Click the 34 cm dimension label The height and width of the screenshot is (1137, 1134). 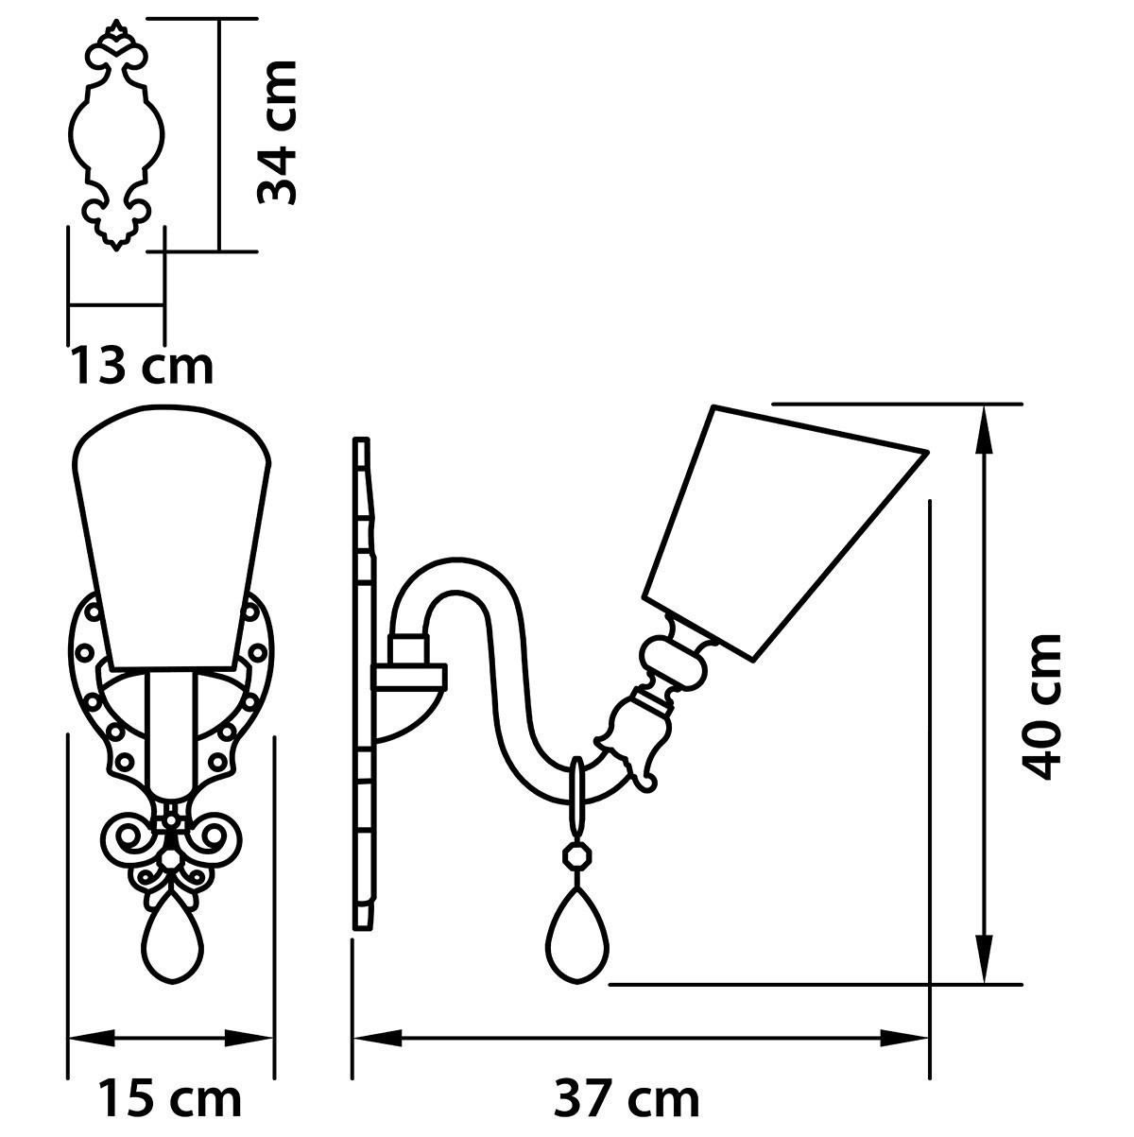pyautogui.click(x=276, y=132)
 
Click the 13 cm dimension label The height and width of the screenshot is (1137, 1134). pyautogui.click(x=142, y=367)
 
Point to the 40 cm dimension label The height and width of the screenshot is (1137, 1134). pyautogui.click(x=1040, y=707)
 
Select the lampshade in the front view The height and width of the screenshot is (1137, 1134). pyautogui.click(x=172, y=537)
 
